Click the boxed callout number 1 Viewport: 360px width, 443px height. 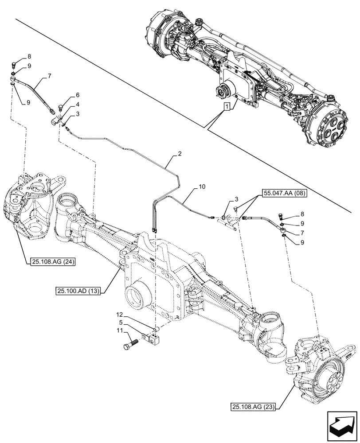227,107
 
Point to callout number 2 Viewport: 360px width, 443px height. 180,154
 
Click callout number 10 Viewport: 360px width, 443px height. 202,187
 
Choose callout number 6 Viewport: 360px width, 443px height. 78,95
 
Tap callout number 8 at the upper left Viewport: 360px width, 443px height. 29,57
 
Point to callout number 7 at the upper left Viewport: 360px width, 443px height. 49,76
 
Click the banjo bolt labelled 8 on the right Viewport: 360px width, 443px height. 281,217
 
